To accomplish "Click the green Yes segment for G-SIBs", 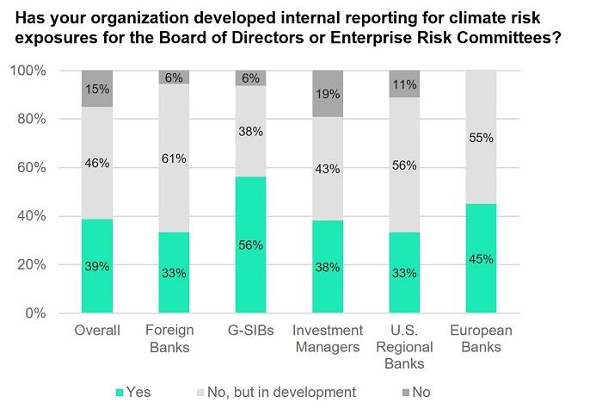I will (251, 245).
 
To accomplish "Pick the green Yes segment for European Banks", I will (481, 258).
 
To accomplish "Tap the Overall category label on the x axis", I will (97, 330).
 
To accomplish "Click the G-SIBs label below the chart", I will (251, 330).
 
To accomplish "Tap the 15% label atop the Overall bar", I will (97, 89).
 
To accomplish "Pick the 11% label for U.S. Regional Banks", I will (404, 84).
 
